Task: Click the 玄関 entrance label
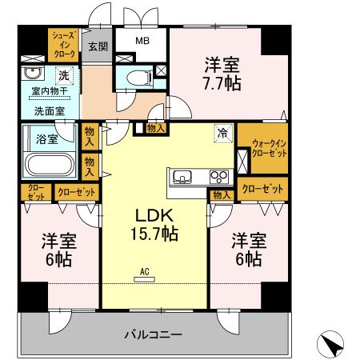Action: pos(98,46)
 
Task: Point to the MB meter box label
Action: pos(141,41)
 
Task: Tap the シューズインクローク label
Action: pos(64,45)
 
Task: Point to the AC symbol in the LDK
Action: pos(145,276)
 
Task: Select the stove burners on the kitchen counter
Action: pos(218,176)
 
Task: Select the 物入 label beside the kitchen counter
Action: pos(221,194)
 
